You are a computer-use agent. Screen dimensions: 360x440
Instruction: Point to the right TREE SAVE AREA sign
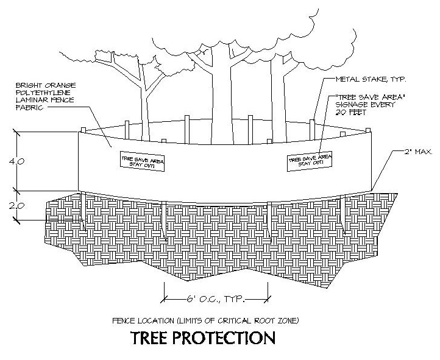tap(310, 160)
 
